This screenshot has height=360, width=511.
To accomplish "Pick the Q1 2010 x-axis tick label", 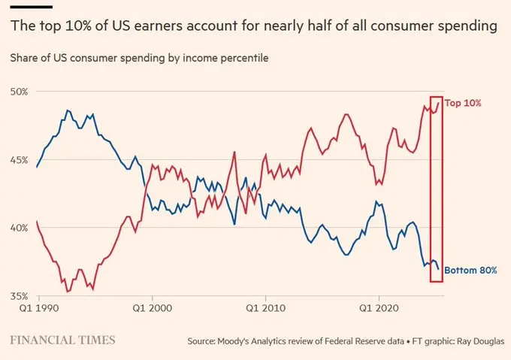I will point(264,307).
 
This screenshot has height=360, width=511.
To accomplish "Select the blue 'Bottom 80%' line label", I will point(470,270).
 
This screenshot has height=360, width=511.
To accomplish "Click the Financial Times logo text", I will point(62,340).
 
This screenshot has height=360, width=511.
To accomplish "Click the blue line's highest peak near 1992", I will point(68,110).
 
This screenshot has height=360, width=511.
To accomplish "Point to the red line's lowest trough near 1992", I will point(68,291).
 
